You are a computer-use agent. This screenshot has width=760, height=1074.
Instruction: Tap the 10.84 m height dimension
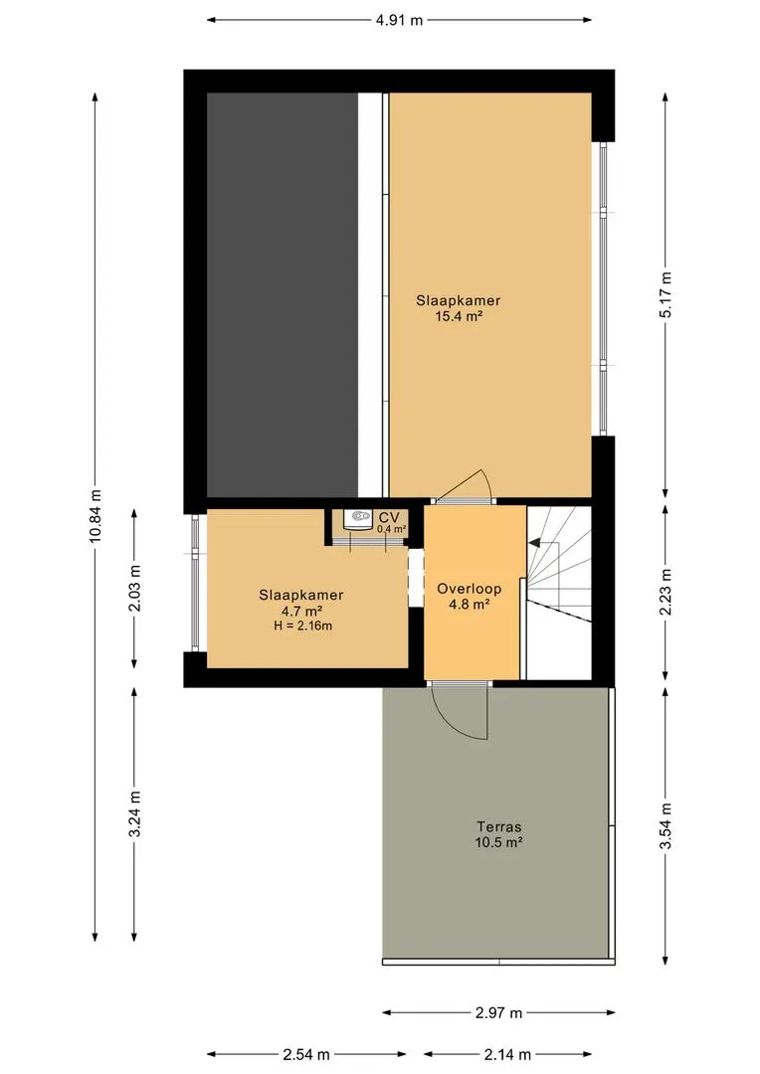[x=95, y=516]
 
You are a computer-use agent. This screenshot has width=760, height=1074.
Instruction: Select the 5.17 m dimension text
[x=665, y=294]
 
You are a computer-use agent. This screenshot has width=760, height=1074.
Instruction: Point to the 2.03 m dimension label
[x=134, y=589]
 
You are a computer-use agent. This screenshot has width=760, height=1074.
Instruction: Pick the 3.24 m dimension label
[x=134, y=813]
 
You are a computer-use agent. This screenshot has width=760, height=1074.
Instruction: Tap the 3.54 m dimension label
[x=665, y=826]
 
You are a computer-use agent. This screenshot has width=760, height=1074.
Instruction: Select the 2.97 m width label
[x=499, y=1012]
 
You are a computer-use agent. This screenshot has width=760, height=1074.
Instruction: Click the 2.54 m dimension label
[x=306, y=1055]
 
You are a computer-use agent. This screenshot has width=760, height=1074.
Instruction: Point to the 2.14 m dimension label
[x=507, y=1055]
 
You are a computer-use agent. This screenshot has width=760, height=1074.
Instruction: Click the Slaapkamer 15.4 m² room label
[x=459, y=308]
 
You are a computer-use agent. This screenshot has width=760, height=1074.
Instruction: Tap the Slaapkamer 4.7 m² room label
[x=300, y=603]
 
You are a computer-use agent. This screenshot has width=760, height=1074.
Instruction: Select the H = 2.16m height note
[x=301, y=626]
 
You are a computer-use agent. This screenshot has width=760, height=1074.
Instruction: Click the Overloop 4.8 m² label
[x=470, y=596]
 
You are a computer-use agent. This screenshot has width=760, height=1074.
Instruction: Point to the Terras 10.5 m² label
[x=499, y=834]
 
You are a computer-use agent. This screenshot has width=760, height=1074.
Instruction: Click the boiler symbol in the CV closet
[x=356, y=520]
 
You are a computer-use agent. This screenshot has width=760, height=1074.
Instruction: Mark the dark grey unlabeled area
[x=283, y=294]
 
